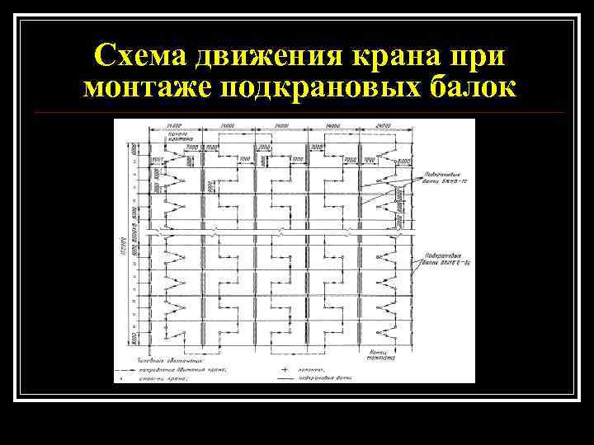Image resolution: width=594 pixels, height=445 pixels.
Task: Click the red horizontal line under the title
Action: pyautogui.click(x=297, y=112)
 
